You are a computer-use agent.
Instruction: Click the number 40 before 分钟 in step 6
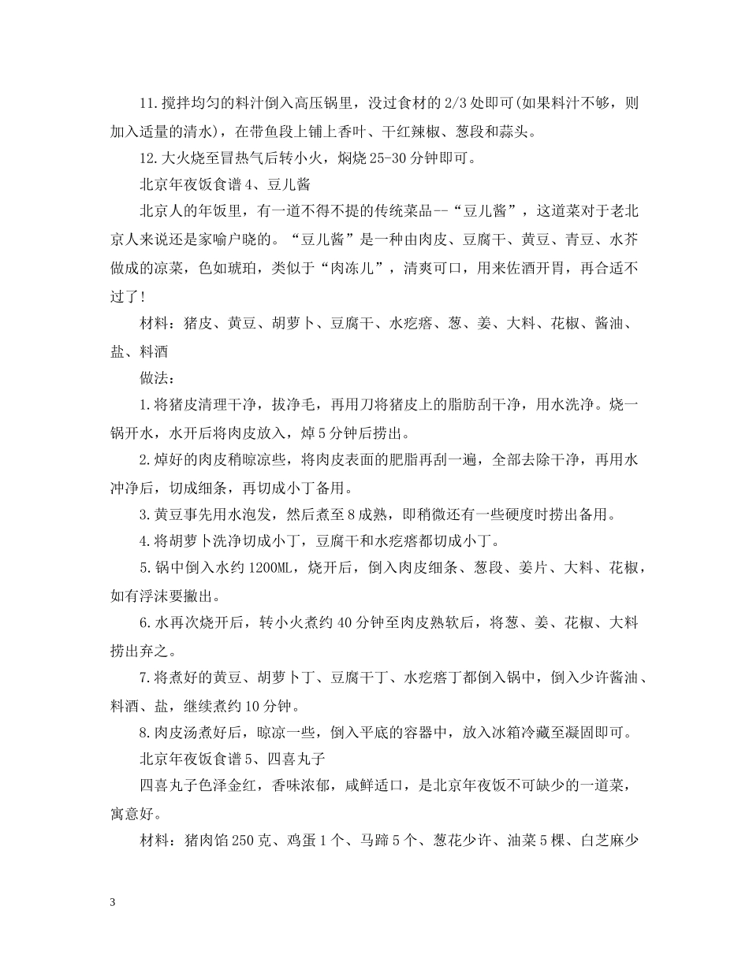(x=345, y=624)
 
